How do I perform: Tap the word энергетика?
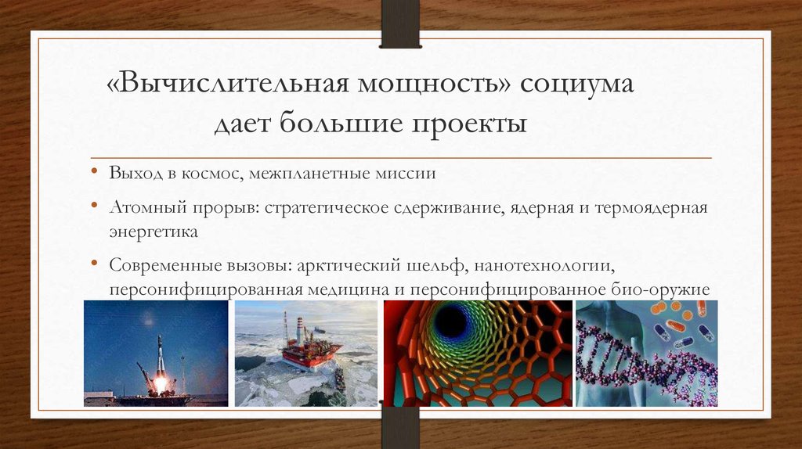pyautogui.click(x=154, y=232)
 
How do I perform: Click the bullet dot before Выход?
pyautogui.click(x=94, y=173)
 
